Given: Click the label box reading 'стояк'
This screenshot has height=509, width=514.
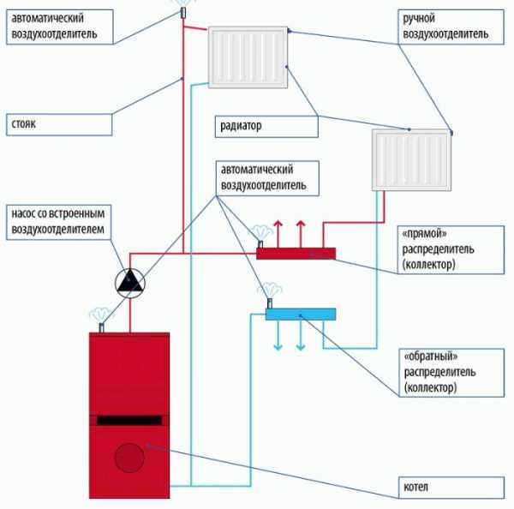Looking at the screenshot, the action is (59, 124).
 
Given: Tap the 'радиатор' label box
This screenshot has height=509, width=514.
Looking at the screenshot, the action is (266, 126).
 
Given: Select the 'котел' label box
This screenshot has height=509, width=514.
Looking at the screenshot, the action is (451, 488).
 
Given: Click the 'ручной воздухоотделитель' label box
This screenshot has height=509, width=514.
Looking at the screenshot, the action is (451, 27).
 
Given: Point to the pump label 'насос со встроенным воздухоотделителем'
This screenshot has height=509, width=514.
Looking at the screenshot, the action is (58, 222).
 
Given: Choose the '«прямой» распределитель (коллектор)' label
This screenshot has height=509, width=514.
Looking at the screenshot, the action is (451, 249).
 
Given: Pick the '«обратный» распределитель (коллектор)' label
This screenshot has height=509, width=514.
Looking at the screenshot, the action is (451, 373).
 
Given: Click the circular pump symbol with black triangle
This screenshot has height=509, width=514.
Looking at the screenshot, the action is (130, 284).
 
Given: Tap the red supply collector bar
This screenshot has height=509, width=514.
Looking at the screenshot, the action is (296, 254).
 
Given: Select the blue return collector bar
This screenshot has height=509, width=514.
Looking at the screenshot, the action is (301, 314).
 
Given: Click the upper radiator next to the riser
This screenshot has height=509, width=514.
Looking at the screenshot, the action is (248, 57).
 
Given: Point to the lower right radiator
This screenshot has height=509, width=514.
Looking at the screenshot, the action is (411, 159).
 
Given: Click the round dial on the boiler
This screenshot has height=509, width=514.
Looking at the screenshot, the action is (129, 458).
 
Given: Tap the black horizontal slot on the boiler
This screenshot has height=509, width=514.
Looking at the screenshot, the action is (129, 421).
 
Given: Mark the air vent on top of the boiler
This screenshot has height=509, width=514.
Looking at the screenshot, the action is (102, 327).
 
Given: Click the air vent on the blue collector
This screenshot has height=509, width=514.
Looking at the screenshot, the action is (270, 303).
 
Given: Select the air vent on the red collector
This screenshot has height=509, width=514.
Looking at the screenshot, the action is (260, 244).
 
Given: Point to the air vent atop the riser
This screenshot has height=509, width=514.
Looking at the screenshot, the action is (183, 13).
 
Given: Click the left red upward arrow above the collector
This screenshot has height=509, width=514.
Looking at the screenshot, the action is (278, 234).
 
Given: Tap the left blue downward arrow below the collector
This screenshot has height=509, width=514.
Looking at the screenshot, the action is (278, 336).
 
